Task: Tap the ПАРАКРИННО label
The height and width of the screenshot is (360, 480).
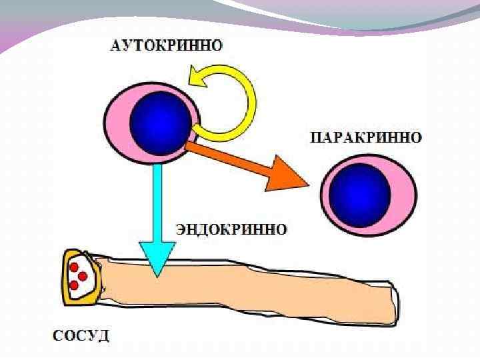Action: pyautogui.click(x=366, y=139)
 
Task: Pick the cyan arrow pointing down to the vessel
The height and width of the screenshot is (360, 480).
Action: pyautogui.click(x=157, y=213)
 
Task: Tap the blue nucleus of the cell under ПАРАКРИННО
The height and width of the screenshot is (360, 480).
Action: pyautogui.click(x=361, y=194)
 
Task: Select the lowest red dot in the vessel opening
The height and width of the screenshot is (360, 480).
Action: pyautogui.click(x=74, y=285)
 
